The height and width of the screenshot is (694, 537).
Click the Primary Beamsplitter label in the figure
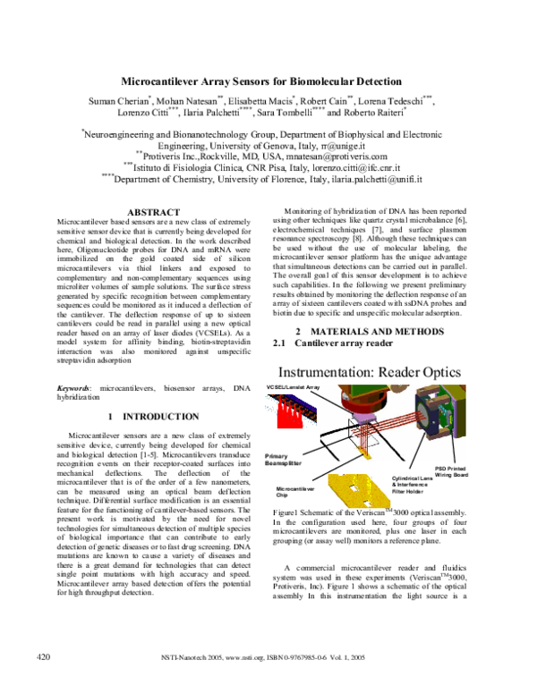(284, 460)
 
